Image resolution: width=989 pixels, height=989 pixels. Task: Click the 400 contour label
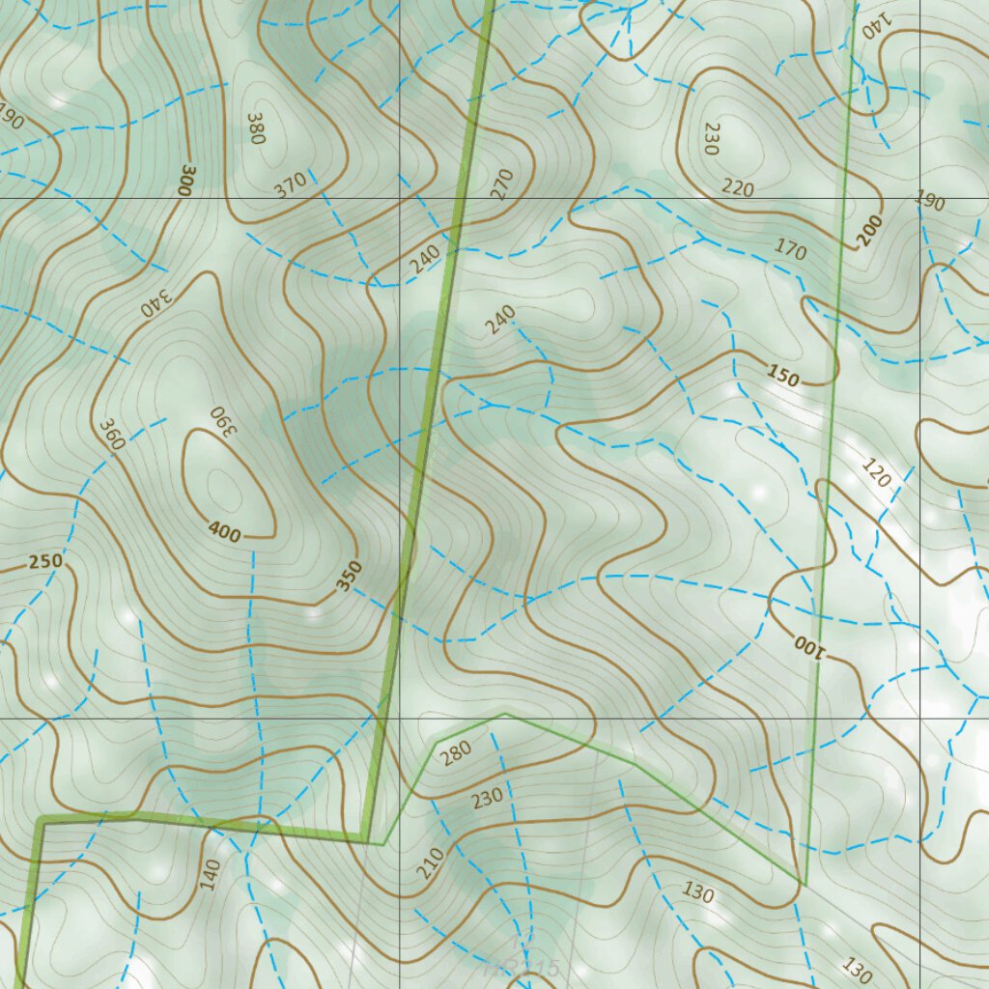pyautogui.click(x=226, y=529)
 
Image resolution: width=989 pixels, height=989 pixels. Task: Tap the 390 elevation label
pyautogui.click(x=222, y=419)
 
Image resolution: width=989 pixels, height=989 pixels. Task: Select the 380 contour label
pyautogui.click(x=255, y=128)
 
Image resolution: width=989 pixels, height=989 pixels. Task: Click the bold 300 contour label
pyautogui.click(x=185, y=179)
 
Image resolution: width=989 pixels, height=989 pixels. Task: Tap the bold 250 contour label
pyautogui.click(x=45, y=562)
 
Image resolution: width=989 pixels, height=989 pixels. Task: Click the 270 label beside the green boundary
pyautogui.click(x=501, y=184)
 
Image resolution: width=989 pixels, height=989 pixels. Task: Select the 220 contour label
pyautogui.click(x=738, y=188)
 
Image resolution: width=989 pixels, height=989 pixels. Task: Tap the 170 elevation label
pyautogui.click(x=790, y=250)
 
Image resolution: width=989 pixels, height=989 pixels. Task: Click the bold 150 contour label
pyautogui.click(x=783, y=377)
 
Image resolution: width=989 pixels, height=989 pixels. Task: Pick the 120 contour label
pyautogui.click(x=876, y=474)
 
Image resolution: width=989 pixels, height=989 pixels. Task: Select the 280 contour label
pyautogui.click(x=456, y=753)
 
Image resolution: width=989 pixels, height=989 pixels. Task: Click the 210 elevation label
pyautogui.click(x=431, y=862)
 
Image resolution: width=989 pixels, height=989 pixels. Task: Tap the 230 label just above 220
pyautogui.click(x=713, y=138)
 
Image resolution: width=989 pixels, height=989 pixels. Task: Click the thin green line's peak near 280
pyautogui.click(x=504, y=714)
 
